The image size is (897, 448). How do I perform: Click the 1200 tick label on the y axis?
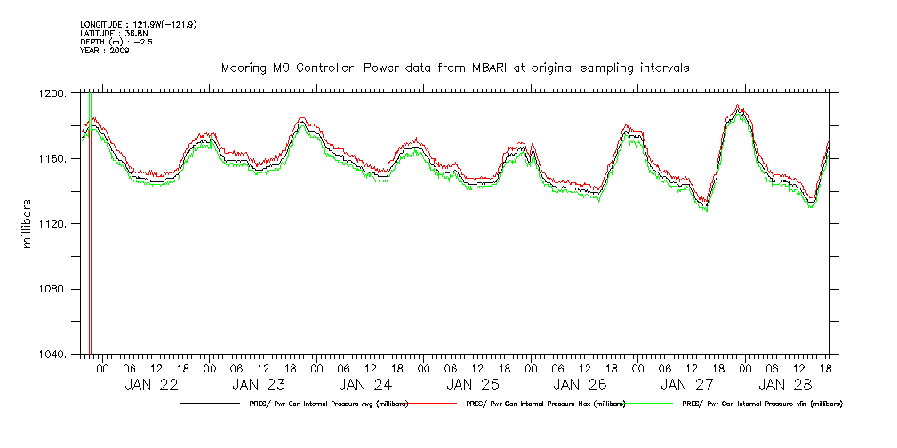[52, 93]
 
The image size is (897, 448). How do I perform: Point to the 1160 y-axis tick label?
[52, 158]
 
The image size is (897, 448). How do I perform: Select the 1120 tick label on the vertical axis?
[52, 224]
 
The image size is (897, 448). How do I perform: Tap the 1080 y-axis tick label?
[52, 290]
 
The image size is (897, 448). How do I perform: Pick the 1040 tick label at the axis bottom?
[52, 355]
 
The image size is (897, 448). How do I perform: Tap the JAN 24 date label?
[364, 385]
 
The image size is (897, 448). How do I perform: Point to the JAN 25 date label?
[472, 385]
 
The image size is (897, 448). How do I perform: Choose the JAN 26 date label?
[579, 385]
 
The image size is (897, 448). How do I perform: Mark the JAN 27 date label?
[686, 385]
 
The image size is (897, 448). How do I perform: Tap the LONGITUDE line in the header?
[138, 24]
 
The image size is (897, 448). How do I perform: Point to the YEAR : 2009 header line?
[105, 51]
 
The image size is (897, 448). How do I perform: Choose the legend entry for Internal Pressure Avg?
[324, 404]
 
